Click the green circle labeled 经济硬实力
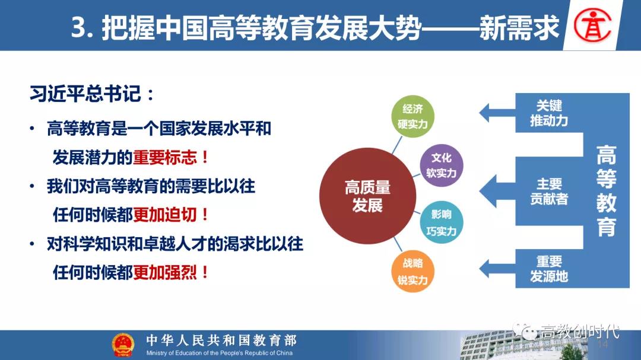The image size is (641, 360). (412, 116)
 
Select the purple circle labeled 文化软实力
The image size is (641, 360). (441, 165)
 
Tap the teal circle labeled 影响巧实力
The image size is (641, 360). (441, 222)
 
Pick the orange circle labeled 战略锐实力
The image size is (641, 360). (412, 272)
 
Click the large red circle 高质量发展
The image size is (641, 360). (367, 196)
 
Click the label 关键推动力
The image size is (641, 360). (549, 113)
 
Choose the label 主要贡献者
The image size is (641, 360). (549, 191)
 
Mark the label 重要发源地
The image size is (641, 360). (549, 269)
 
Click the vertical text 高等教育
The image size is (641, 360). (606, 191)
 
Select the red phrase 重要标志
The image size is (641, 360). (165, 157)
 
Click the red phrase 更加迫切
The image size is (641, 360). (165, 215)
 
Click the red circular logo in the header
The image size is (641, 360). (592, 26)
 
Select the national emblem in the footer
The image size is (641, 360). (123, 345)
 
